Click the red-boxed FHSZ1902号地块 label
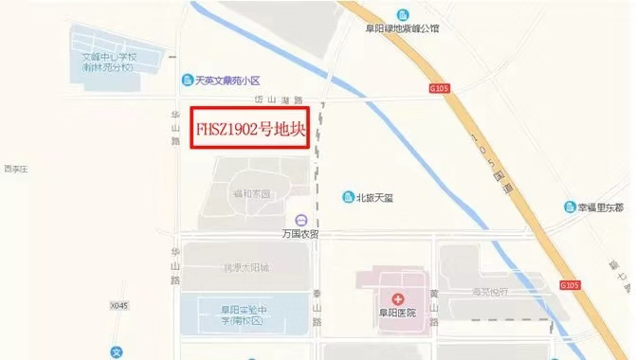coord(251,131)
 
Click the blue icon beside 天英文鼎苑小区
coord(187,81)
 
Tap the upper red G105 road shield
coord(439,89)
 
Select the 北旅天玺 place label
coord(373,197)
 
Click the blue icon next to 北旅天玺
coord(348,197)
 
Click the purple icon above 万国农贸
coord(300,218)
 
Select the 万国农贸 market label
coord(300,232)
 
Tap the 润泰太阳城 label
coord(245,268)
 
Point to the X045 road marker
coord(118,306)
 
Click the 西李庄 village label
coord(16,170)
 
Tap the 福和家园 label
coord(252,192)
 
